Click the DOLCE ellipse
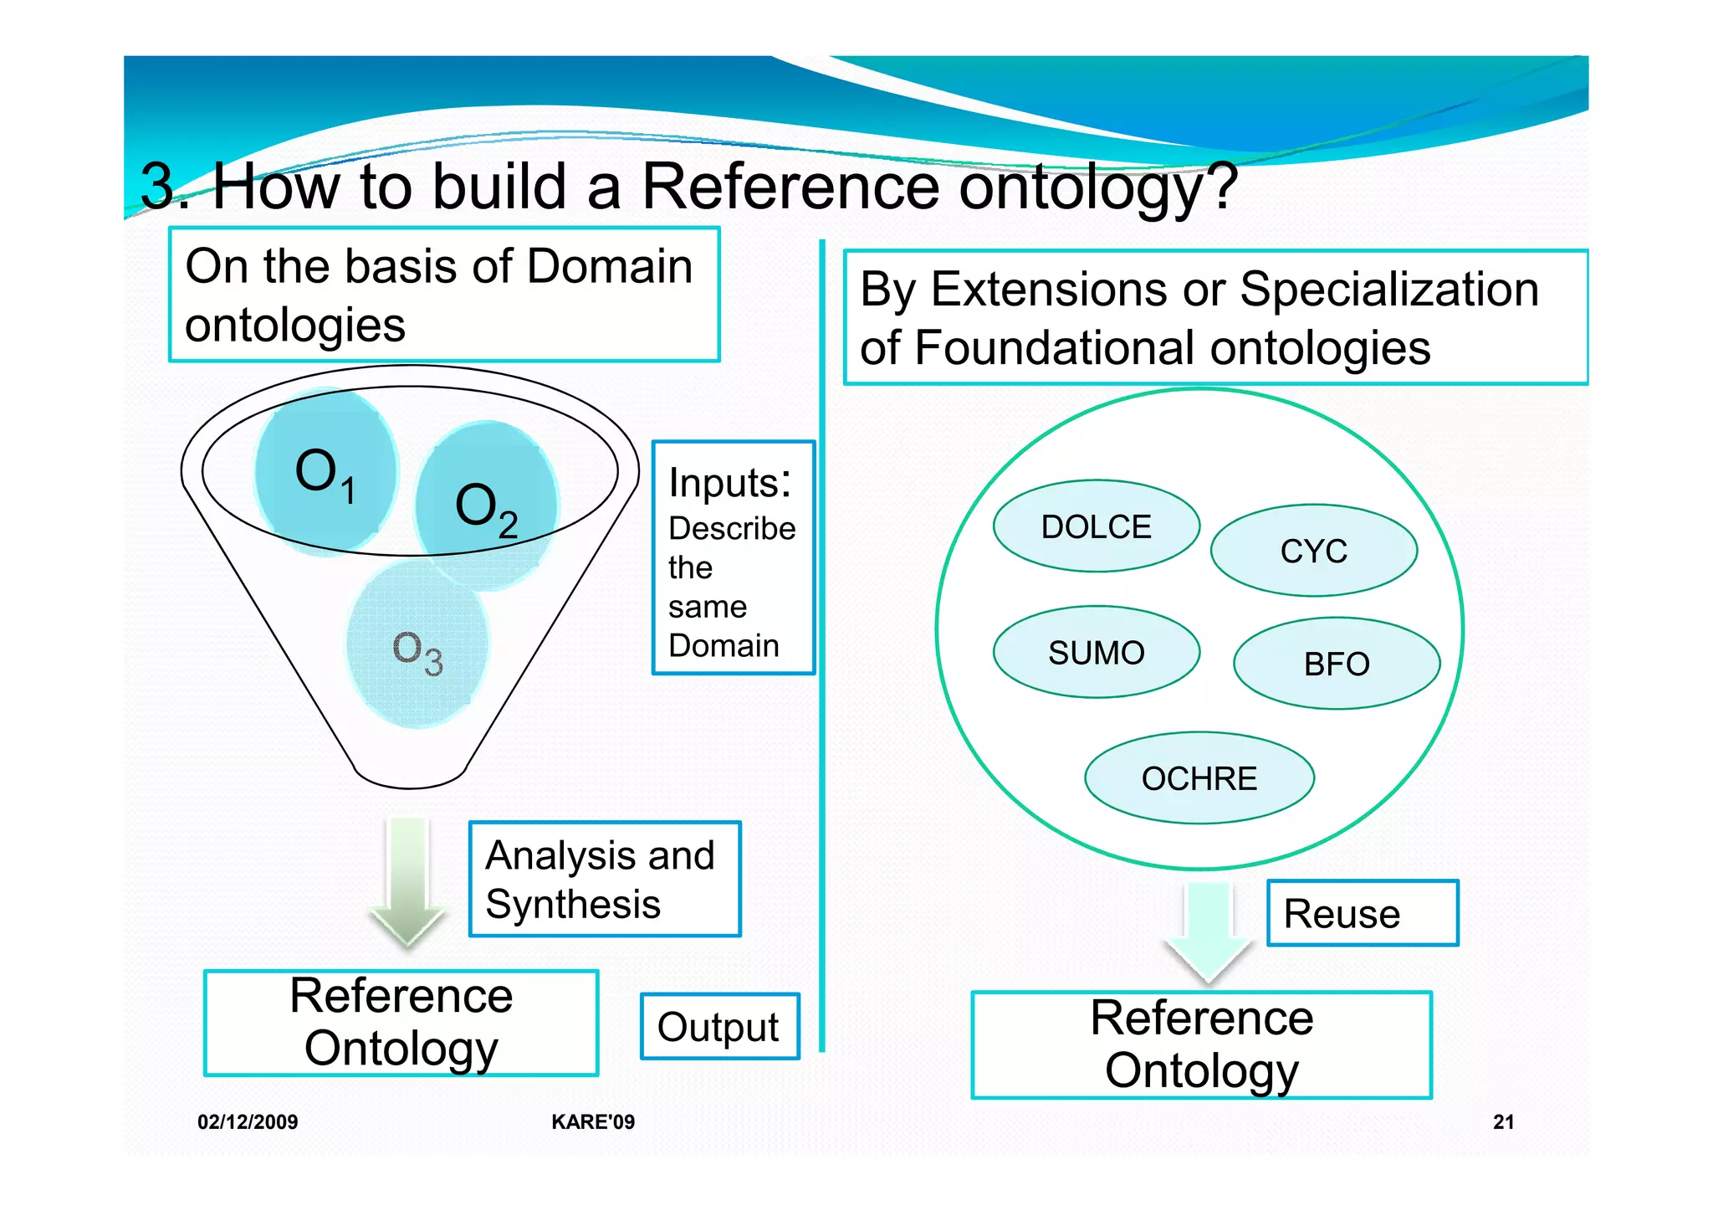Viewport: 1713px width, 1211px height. coord(1096,526)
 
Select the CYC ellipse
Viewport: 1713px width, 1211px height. coord(1313,551)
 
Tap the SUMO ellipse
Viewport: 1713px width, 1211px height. coord(1096,652)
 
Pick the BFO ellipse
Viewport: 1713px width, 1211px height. coord(1336,664)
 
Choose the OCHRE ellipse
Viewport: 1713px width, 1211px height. coord(1199,778)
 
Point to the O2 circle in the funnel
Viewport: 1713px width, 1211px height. coord(486,506)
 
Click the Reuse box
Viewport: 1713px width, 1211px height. coord(1362,913)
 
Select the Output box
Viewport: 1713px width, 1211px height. coord(719,1026)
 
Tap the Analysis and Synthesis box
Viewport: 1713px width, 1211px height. coord(604,879)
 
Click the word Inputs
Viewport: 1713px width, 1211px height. coord(729,483)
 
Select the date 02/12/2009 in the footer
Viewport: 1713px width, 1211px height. coord(248,1121)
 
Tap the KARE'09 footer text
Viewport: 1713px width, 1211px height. coord(593,1121)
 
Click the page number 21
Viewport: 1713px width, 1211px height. coord(1503,1121)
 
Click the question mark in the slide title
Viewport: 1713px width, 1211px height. coord(1221,185)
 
